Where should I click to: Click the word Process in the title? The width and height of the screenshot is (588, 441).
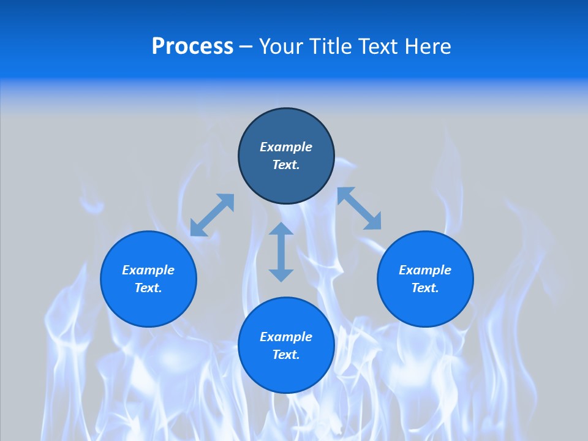click(x=192, y=47)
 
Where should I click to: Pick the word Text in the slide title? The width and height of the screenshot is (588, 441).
click(x=380, y=47)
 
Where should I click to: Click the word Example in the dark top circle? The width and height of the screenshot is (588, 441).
click(x=286, y=147)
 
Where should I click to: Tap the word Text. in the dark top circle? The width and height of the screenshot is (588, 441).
click(x=286, y=165)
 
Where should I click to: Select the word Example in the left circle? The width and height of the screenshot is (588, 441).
click(x=148, y=270)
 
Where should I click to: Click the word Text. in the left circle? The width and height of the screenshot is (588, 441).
click(x=148, y=288)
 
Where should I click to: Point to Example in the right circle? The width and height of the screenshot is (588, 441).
click(x=425, y=270)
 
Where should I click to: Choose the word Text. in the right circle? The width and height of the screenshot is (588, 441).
click(x=425, y=288)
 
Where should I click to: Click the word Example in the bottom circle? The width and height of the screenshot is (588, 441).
click(x=286, y=337)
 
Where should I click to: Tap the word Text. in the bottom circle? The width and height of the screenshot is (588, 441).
click(x=286, y=355)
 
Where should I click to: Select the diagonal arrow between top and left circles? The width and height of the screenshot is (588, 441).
click(x=213, y=215)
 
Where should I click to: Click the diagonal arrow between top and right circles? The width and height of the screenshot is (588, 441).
click(x=360, y=209)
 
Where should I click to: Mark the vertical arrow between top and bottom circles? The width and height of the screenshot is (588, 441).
click(x=281, y=252)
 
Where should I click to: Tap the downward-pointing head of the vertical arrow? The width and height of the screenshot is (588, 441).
click(x=281, y=275)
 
